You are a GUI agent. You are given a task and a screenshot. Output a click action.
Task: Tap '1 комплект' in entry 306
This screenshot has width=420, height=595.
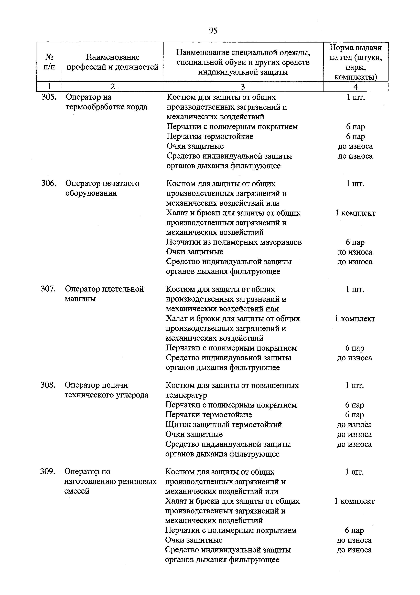(355, 213)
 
